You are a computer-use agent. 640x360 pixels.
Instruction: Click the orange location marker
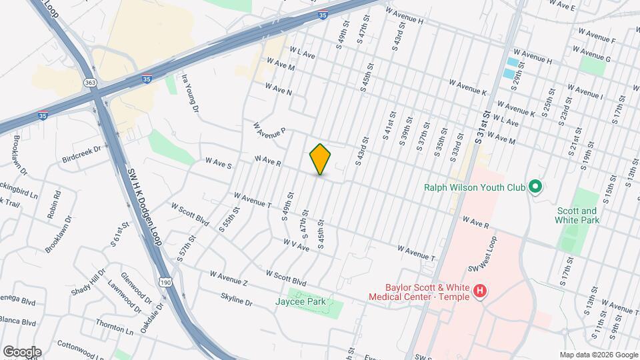pos(320,159)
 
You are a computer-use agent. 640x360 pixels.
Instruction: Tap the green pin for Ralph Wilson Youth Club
pos(535,187)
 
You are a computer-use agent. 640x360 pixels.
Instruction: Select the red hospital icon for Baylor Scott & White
pos(479,291)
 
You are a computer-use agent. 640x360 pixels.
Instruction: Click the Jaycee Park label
pos(301,301)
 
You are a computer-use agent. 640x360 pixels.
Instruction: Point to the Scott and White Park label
pos(577,215)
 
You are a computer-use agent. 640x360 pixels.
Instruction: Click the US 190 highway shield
pos(165,282)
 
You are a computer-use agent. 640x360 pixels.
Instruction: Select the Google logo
pos(21,351)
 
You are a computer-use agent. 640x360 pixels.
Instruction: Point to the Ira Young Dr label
pos(191,92)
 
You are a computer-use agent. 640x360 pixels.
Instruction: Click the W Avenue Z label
pos(229,279)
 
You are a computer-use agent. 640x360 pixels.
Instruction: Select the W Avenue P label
pos(269,129)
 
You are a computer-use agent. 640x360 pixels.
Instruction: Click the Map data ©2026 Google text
pos(598,355)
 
